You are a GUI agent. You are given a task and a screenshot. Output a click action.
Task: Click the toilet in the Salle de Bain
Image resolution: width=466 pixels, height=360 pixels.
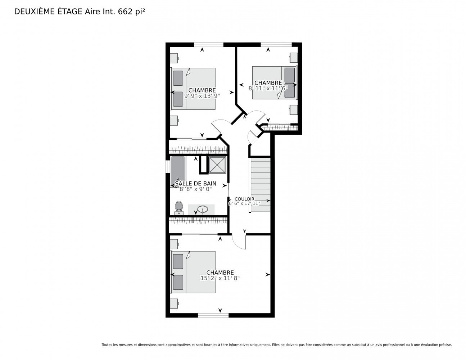tap(178, 208)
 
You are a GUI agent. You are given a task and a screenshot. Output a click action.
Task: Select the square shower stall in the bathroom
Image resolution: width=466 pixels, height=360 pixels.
tap(217, 165)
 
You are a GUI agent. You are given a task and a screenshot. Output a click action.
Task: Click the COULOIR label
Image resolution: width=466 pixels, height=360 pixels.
tap(244, 199)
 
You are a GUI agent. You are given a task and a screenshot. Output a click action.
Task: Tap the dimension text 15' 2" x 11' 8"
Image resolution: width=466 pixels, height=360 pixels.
tap(220, 278)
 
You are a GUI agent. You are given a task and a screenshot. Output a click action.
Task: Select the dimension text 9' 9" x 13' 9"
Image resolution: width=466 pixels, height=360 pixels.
tap(202, 96)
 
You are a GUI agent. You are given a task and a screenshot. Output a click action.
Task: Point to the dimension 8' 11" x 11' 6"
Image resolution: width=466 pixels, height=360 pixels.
tap(268, 88)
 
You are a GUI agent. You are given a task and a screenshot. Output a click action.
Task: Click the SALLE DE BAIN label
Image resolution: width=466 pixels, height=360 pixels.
tap(195, 184)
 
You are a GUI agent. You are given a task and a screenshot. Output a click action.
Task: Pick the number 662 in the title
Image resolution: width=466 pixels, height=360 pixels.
tap(125, 12)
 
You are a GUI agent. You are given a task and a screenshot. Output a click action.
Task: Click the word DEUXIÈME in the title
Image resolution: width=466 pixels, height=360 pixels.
tap(34, 12)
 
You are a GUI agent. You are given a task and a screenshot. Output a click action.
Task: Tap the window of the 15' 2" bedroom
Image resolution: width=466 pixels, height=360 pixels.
tap(213, 315)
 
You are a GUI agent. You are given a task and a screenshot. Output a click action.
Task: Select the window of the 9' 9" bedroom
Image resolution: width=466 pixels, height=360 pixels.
tap(208, 44)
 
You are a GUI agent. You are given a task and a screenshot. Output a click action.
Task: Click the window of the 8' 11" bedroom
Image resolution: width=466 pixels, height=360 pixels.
tap(276, 44)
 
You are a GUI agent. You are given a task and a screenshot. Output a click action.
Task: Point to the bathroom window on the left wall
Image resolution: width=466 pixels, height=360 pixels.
tap(167, 166)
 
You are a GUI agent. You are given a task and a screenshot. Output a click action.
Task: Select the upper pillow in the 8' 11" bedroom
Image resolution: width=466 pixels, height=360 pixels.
tap(289, 75)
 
